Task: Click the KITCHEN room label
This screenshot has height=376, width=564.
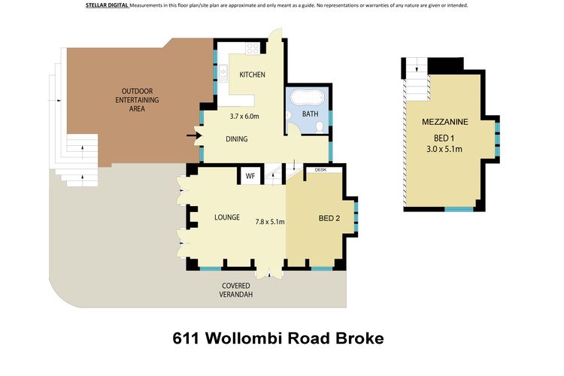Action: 252,74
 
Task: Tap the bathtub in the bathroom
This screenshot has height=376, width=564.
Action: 307,98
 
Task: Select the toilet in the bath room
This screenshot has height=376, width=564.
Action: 319,127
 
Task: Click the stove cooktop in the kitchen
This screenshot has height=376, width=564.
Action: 253,48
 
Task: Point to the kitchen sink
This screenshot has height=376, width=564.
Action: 223,73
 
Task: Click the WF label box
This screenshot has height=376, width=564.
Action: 250,176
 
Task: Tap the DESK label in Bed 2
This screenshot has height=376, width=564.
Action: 320,169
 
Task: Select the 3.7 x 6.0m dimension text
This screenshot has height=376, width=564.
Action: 244,117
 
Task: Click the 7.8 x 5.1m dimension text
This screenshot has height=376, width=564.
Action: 270,222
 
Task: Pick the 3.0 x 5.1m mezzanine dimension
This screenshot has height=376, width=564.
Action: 444,149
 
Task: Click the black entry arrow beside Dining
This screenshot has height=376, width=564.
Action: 193,135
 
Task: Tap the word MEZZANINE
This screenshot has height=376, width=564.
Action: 445,122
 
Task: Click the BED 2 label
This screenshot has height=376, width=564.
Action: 329,218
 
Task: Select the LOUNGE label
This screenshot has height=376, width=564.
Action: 227,217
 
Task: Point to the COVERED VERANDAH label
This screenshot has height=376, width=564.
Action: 236,290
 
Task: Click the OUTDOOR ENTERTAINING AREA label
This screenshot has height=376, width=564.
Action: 137,100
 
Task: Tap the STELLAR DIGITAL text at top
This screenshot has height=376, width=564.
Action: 107,5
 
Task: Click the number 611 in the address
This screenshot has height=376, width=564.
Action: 186,338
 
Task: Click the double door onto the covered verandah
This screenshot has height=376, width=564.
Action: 268,274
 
